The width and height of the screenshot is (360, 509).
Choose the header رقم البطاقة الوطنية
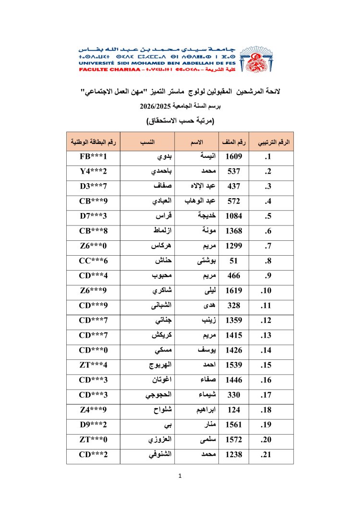coord(93,142)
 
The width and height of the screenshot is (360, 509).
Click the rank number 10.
coord(267,290)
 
